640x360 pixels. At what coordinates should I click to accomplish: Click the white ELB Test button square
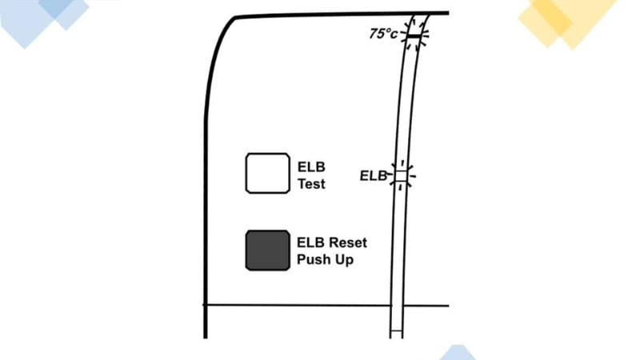click(x=266, y=173)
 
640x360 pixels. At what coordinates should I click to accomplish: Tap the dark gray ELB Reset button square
click(x=267, y=250)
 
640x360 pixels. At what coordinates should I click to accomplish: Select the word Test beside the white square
click(x=311, y=183)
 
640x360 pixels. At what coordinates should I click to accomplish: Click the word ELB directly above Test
click(x=310, y=167)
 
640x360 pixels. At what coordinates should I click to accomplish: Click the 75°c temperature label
click(x=383, y=34)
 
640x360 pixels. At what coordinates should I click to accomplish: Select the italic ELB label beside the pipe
click(x=373, y=175)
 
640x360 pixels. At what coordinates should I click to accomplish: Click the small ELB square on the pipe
click(x=401, y=175)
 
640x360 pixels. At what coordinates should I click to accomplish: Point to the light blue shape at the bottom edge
click(x=457, y=353)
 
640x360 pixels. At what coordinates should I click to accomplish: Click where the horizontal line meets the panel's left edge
click(x=206, y=305)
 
